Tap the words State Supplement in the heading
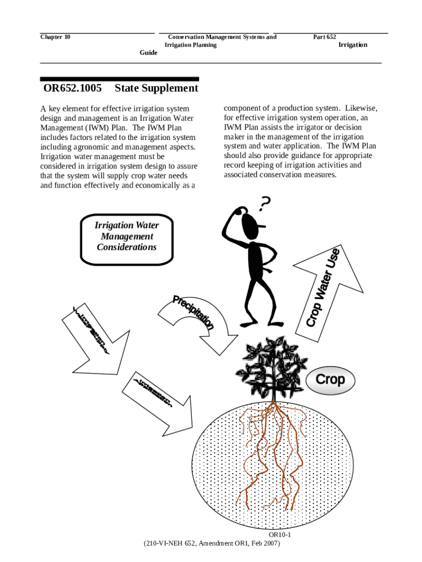click(x=157, y=88)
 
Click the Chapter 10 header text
click(x=55, y=37)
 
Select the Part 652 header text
click(x=324, y=37)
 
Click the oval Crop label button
click(x=330, y=380)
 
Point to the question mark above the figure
click(x=265, y=204)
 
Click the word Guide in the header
click(x=149, y=53)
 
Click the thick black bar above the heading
click(x=119, y=79)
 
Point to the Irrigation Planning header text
click(x=191, y=45)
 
